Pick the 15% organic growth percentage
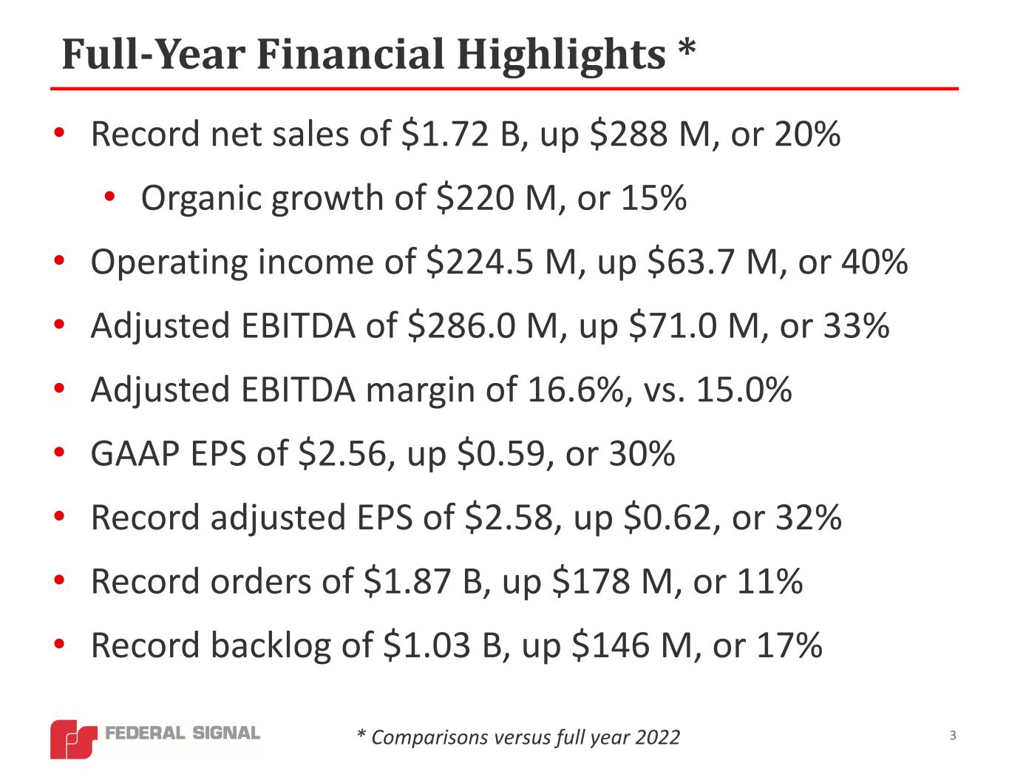click(x=654, y=199)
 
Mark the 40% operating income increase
click(x=874, y=262)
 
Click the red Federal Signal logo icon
click(x=72, y=738)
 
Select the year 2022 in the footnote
click(x=659, y=738)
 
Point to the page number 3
click(x=953, y=736)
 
